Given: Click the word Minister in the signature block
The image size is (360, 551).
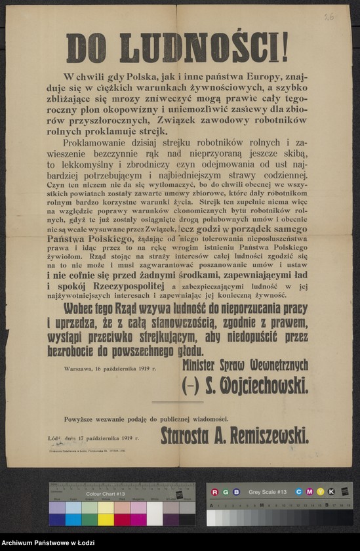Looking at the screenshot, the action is point(204,365).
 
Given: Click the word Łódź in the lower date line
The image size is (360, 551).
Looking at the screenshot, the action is point(54,437).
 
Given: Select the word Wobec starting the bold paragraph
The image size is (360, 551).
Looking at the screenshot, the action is point(83,308).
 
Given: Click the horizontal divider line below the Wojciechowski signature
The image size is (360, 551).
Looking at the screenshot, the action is point(177,402).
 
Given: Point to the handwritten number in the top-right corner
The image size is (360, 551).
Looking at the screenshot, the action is point(328,16).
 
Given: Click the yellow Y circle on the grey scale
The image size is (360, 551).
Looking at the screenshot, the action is point(319,491).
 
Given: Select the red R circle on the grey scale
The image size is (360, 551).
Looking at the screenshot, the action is point(212,491).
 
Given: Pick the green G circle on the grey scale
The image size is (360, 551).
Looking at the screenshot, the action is point(223,491).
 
